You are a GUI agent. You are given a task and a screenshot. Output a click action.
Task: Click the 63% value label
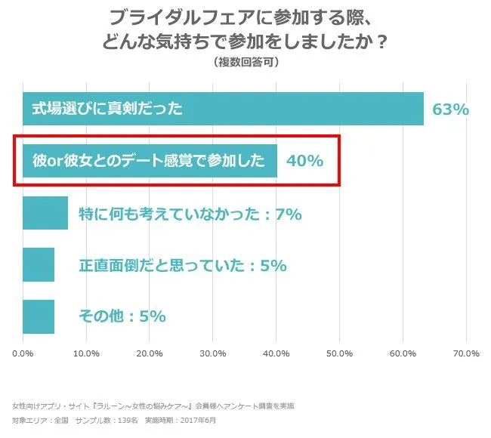pyautogui.click(x=450, y=109)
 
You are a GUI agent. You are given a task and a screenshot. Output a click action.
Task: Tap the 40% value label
pyautogui.click(x=304, y=161)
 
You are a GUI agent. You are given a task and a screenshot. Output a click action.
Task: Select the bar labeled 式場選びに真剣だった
pyautogui.click(x=223, y=109)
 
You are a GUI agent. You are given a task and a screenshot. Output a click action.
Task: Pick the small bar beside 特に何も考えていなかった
pyautogui.click(x=45, y=213)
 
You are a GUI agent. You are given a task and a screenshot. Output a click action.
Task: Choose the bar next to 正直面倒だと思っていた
pyautogui.click(x=39, y=265)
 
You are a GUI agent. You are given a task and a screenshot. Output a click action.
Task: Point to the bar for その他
pyautogui.click(x=39, y=316)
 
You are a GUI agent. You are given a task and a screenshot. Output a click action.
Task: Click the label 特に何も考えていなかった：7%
pyautogui.click(x=190, y=214)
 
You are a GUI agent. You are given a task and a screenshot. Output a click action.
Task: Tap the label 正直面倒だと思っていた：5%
pyautogui.click(x=182, y=266)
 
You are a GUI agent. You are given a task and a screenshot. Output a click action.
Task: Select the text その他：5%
pyautogui.click(x=122, y=317)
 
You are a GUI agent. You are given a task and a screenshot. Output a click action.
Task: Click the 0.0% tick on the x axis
pyautogui.click(x=23, y=353)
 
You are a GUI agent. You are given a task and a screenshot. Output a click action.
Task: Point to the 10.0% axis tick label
pyautogui.click(x=87, y=353)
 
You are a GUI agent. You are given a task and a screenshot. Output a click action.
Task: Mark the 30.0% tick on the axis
pyautogui.click(x=213, y=353)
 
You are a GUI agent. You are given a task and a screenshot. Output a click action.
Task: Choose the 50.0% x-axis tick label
pyautogui.click(x=340, y=353)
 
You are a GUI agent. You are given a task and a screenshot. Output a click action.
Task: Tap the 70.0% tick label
pyautogui.click(x=466, y=353)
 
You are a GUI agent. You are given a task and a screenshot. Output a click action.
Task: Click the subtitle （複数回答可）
pyautogui.click(x=246, y=62)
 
